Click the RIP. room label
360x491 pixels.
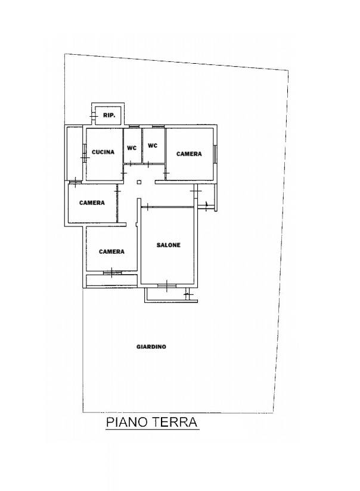coord(109,115)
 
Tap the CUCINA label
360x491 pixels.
coord(103,152)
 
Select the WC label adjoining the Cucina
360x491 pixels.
coord(132,148)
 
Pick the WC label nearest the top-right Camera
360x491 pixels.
coord(152,145)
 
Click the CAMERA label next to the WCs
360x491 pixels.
coord(189,154)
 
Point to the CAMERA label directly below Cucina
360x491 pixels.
coord(92,203)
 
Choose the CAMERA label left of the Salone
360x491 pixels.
coord(111,251)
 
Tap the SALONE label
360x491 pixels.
coord(169,245)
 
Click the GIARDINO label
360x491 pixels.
coord(151,347)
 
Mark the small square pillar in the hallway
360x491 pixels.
coord(139,182)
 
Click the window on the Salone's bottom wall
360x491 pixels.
coord(167,285)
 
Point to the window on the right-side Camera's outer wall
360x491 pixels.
coord(215,154)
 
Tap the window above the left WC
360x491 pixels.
coord(134,126)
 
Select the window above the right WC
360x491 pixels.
coord(158,126)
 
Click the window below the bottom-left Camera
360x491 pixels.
coord(113,272)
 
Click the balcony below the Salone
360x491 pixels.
coord(171,294)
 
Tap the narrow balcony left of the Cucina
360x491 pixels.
coord(75,154)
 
